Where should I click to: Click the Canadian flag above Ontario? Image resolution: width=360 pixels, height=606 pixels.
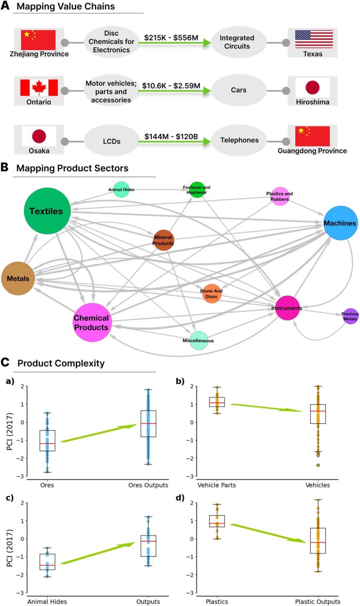point(39,87)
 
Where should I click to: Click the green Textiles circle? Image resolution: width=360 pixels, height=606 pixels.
point(47,211)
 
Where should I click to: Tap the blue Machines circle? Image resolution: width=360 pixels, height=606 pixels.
point(341,223)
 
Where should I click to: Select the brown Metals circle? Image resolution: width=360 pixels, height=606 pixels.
point(18,277)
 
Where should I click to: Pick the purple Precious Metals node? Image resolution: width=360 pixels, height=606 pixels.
point(350,316)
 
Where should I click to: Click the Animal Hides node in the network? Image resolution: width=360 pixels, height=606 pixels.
point(121,190)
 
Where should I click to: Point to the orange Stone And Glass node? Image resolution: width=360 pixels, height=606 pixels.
point(211,293)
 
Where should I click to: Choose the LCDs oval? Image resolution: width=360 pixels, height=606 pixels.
point(111,141)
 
